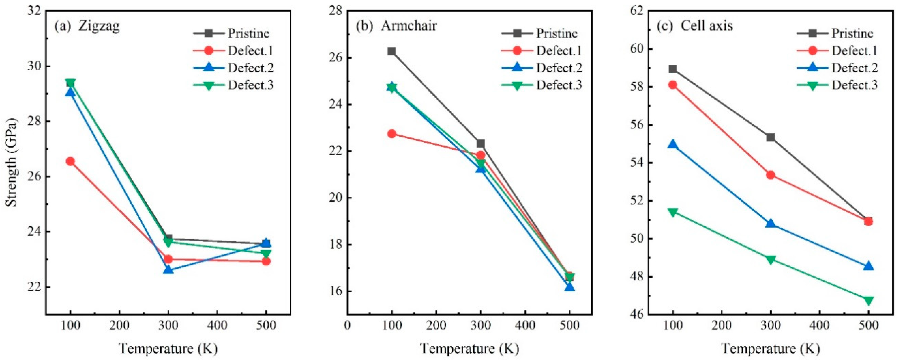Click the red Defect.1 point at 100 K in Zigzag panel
70,161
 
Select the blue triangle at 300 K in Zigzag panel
168,270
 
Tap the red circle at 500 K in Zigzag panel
266,261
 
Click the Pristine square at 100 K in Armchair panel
392,52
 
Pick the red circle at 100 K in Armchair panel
392,134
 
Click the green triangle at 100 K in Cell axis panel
673,212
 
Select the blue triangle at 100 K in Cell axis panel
673,144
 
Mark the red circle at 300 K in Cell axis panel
770,175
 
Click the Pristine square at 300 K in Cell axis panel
770,137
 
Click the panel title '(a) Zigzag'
87,26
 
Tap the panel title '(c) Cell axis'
695,26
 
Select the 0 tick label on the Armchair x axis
347,326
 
